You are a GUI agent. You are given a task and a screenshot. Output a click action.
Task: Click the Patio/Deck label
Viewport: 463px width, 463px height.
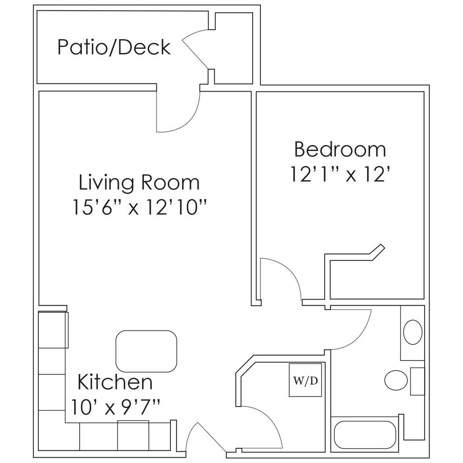[114, 47]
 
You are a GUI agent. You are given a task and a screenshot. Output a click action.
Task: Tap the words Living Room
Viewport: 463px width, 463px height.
[139, 182]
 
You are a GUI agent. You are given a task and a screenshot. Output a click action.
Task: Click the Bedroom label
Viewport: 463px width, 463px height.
[340, 149]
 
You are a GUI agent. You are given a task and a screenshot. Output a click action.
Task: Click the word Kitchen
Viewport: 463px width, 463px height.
[115, 382]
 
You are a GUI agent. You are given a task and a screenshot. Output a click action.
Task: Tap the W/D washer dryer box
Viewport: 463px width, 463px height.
[306, 380]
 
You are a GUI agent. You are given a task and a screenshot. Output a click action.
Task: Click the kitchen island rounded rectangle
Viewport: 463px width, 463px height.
[146, 351]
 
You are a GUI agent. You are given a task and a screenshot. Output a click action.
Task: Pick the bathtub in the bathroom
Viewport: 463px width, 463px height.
[365, 435]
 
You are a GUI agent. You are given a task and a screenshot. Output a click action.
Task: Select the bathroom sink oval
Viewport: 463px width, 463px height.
[412, 332]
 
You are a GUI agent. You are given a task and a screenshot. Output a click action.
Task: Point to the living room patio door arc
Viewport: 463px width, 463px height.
[181, 118]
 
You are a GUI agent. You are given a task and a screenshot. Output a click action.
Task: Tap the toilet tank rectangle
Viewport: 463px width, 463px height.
[417, 381]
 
